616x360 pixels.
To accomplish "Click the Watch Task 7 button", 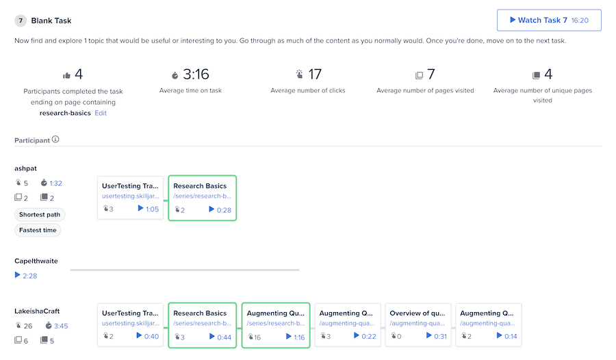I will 549,21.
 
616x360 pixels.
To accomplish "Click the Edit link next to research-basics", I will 101,113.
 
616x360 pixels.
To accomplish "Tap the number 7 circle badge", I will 21,21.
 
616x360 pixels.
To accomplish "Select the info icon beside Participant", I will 55,140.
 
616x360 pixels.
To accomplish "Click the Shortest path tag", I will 40,214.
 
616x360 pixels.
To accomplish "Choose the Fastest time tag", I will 38,231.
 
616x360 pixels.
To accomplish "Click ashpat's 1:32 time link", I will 55,183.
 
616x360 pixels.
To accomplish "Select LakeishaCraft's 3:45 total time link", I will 60,326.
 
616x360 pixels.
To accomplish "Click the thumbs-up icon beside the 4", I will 66,75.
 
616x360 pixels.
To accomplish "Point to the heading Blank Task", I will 51,21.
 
